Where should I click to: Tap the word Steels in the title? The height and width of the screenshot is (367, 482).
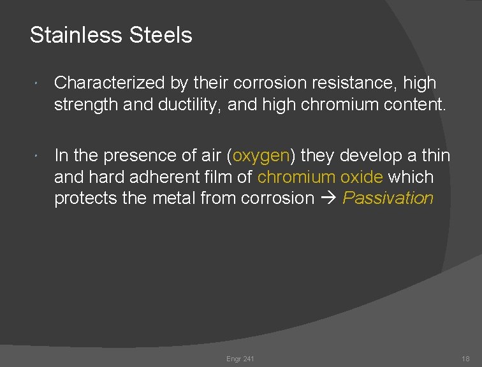[161, 35]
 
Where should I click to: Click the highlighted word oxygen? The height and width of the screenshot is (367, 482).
[261, 156]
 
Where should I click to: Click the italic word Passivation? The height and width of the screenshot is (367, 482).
[388, 198]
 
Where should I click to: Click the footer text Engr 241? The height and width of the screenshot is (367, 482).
[240, 359]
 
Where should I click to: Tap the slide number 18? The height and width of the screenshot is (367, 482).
[465, 359]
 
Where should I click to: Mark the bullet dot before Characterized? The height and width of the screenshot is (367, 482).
[38, 85]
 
